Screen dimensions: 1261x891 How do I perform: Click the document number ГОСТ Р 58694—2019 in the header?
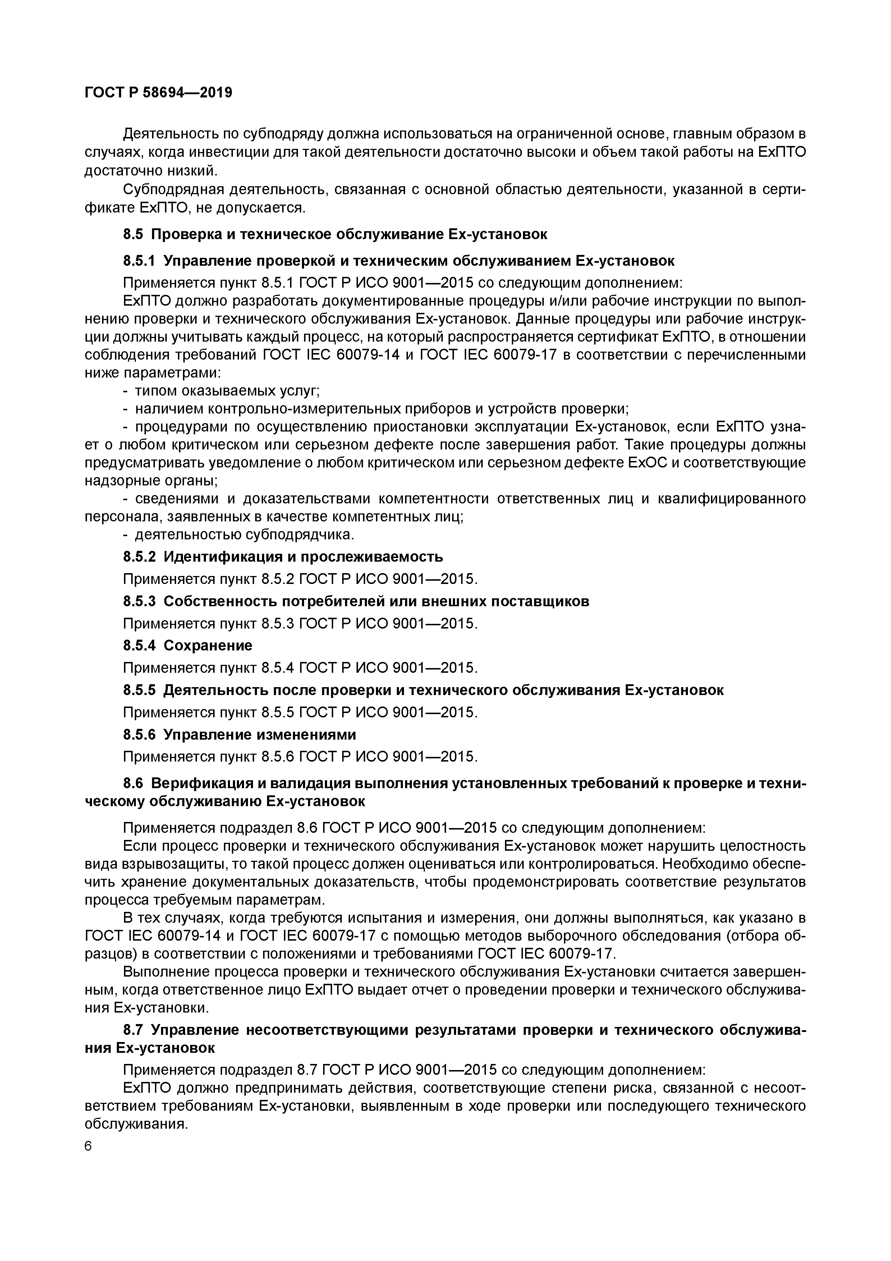pos(158,92)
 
